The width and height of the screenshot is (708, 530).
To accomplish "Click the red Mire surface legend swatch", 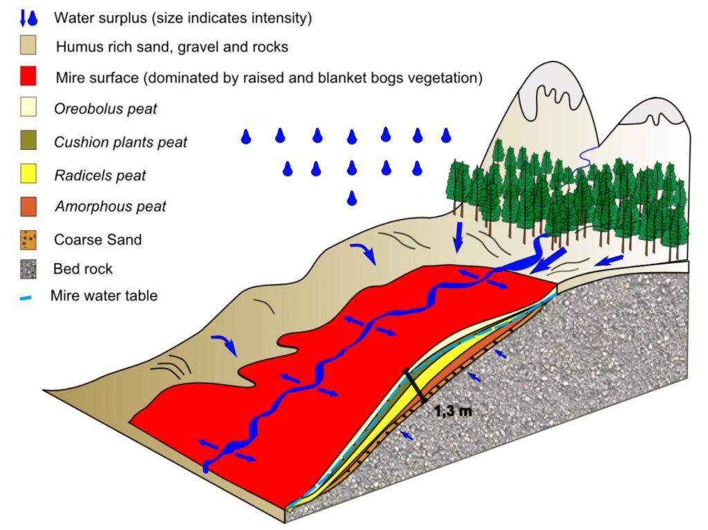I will click(28, 77).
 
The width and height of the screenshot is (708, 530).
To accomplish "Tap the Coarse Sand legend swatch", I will click(28, 240).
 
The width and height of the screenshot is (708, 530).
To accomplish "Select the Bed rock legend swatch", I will click(28, 268).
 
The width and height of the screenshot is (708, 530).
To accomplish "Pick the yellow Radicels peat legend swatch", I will click(28, 175).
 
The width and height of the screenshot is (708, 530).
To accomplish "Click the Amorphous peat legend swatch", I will click(28, 207).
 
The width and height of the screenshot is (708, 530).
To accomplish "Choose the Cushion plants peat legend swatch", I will click(28, 142).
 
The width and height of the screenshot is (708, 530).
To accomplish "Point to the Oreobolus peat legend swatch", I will click(28, 109).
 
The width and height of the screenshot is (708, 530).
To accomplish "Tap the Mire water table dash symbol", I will click(27, 296).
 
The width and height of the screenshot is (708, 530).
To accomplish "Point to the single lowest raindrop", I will click(353, 198).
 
